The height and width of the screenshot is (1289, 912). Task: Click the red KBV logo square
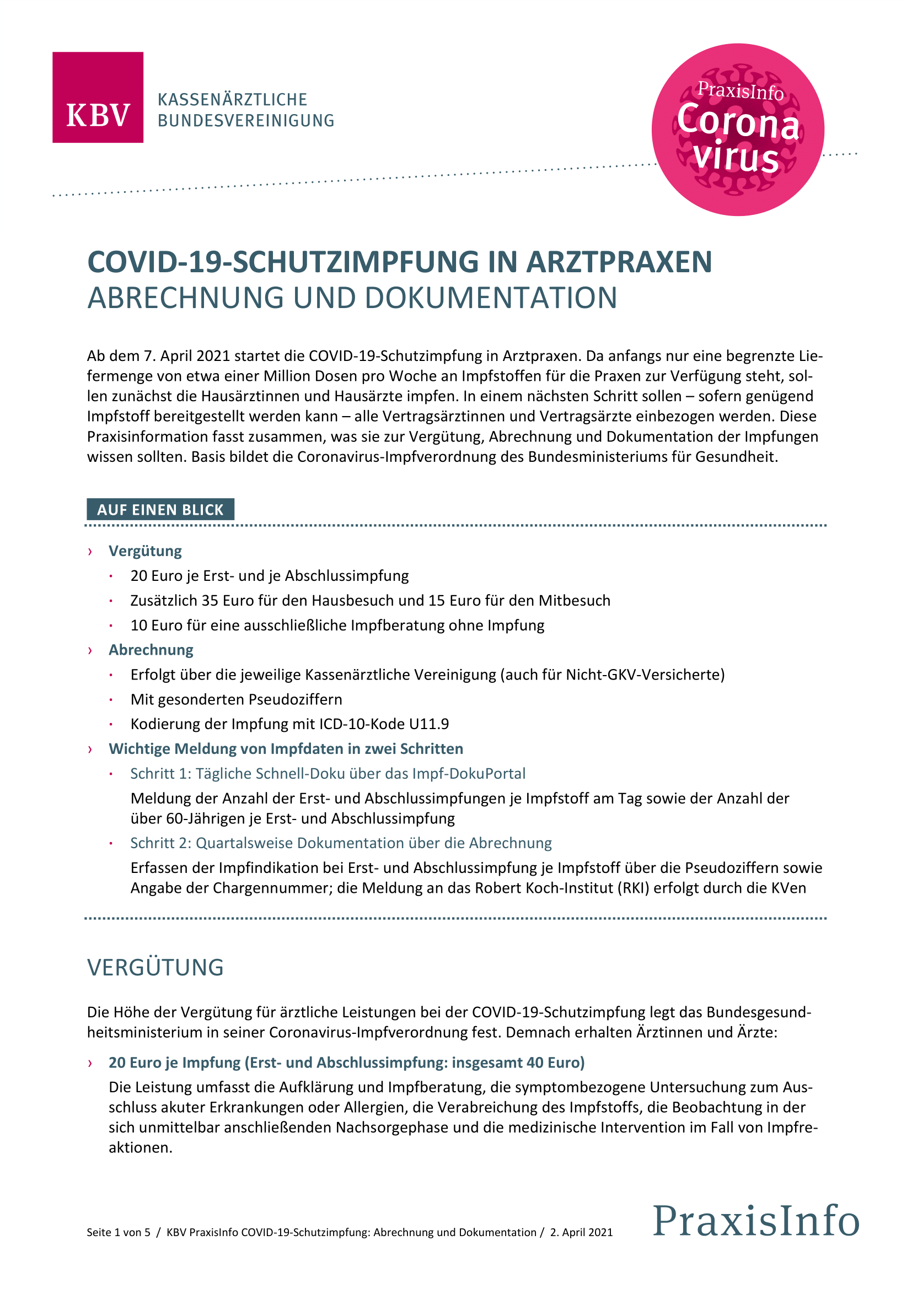pos(98,97)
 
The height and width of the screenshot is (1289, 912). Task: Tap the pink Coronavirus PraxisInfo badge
pos(737,130)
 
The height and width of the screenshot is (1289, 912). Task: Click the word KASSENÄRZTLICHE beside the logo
pos(233,100)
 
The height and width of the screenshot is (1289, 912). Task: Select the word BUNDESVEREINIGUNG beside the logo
pos(246,121)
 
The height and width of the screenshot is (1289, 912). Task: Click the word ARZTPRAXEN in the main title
pos(619,262)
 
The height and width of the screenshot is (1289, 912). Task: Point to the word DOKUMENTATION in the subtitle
pos(491,298)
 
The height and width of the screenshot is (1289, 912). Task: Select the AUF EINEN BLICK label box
pos(160,509)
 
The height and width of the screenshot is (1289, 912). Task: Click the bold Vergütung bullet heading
pos(145,551)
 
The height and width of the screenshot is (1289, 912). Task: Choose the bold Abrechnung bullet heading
pos(151,650)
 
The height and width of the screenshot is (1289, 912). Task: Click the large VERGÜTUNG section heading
pos(155,967)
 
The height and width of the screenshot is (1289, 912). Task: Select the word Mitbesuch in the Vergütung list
pos(575,601)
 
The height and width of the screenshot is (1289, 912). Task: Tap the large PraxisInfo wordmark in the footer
pos(756,1221)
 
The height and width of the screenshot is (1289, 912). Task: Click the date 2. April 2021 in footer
pos(581,1232)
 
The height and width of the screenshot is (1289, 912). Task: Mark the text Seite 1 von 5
pos(119,1232)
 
